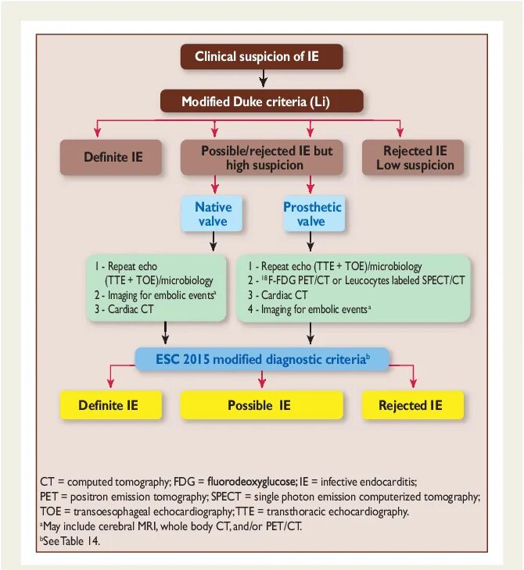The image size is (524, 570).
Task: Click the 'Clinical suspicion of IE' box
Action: click(262, 56)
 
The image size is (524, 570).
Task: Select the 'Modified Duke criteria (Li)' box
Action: click(262, 102)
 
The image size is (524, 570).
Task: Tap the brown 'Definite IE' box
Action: click(113, 158)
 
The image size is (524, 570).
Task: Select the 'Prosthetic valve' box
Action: click(312, 214)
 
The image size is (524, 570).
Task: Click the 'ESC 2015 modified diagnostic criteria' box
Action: click(263, 360)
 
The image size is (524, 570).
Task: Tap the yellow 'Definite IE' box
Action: click(111, 405)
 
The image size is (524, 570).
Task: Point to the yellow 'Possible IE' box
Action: click(262, 405)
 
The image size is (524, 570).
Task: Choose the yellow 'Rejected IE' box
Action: click(413, 405)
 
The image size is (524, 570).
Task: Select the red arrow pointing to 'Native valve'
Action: click(213, 184)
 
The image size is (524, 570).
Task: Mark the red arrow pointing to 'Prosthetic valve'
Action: click(311, 184)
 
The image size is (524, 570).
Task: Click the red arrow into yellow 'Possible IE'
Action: click(263, 380)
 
